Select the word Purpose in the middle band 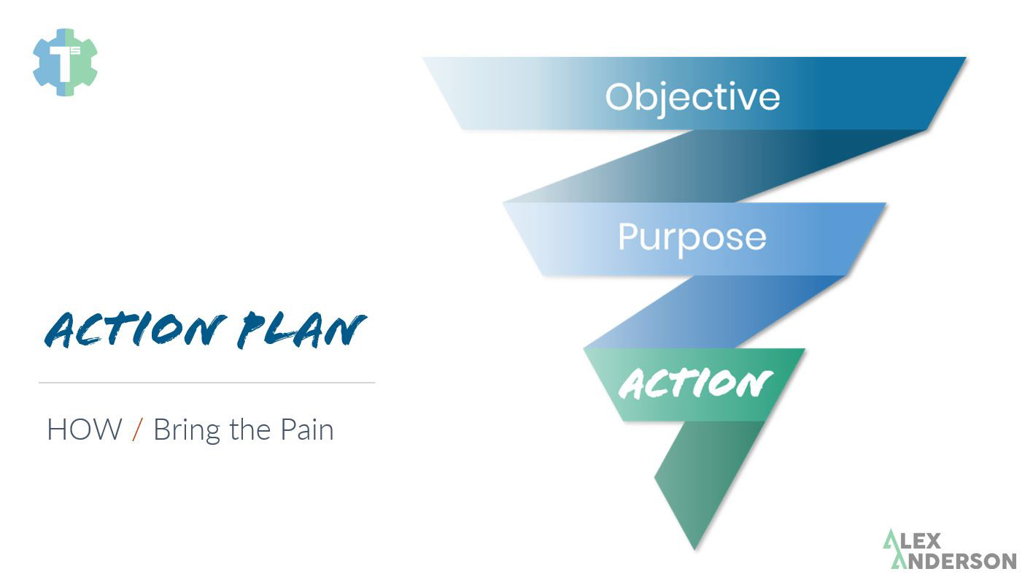pyautogui.click(x=692, y=237)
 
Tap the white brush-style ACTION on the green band pyautogui.click(x=695, y=383)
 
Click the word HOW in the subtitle pyautogui.click(x=84, y=429)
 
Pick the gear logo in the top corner pyautogui.click(x=65, y=62)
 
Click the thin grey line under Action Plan pyautogui.click(x=206, y=382)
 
